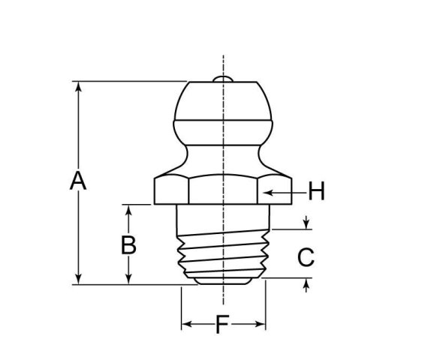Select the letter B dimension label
pyautogui.click(x=129, y=245)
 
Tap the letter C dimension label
pyautogui.click(x=305, y=257)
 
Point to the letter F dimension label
pyautogui.click(x=222, y=325)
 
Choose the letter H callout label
pyautogui.click(x=316, y=193)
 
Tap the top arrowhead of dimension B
pyautogui.click(x=129, y=209)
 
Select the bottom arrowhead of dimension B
pyautogui.click(x=129, y=279)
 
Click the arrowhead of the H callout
pyautogui.click(x=264, y=193)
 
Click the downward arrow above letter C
pyautogui.click(x=306, y=225)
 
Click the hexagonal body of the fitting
pyautogui.click(x=222, y=190)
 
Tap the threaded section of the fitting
pyautogui.click(x=222, y=251)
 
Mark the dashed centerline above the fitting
pyautogui.click(x=223, y=64)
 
